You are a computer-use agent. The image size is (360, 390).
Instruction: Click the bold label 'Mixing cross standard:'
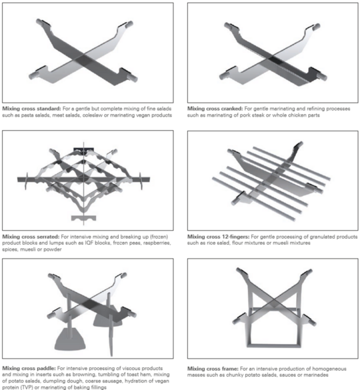coord(31,109)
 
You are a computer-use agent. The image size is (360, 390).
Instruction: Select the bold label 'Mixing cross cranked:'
coord(215,109)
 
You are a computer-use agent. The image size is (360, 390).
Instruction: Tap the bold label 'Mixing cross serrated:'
coord(31,237)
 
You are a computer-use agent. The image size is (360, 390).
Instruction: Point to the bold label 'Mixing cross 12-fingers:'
coord(219,237)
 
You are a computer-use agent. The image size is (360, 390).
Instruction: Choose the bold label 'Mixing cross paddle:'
coord(29,368)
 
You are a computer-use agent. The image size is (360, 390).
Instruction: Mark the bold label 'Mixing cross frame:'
coord(213,369)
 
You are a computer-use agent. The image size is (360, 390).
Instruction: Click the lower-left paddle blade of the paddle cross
coord(70,339)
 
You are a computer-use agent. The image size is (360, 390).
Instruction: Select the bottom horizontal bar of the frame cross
coord(273,345)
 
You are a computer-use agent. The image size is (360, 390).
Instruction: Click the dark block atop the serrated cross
coord(83,149)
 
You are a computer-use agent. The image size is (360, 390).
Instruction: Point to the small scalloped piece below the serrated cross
coord(83,218)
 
